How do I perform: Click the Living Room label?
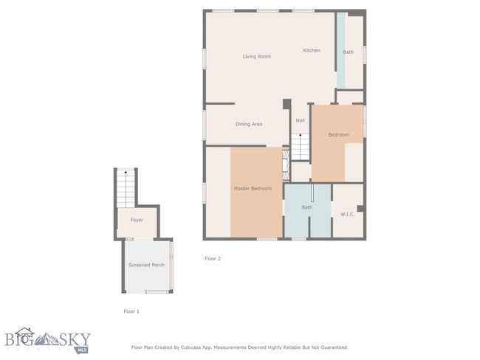(x=257, y=57)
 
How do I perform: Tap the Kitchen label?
(x=312, y=50)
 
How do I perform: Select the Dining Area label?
(x=249, y=124)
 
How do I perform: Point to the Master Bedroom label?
(x=253, y=188)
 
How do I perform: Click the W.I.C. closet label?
(x=348, y=214)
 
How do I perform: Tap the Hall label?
(x=301, y=120)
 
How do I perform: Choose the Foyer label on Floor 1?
(x=137, y=221)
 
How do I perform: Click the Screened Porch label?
(x=147, y=265)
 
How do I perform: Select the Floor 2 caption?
(x=213, y=258)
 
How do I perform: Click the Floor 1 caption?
(x=131, y=311)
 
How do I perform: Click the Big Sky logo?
(x=48, y=340)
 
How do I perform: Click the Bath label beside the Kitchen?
(x=348, y=52)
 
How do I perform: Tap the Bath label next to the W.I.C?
(x=307, y=207)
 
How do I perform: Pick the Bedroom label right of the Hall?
(x=338, y=134)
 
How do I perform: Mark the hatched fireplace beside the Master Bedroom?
(x=286, y=165)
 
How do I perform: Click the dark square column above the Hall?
(x=287, y=104)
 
